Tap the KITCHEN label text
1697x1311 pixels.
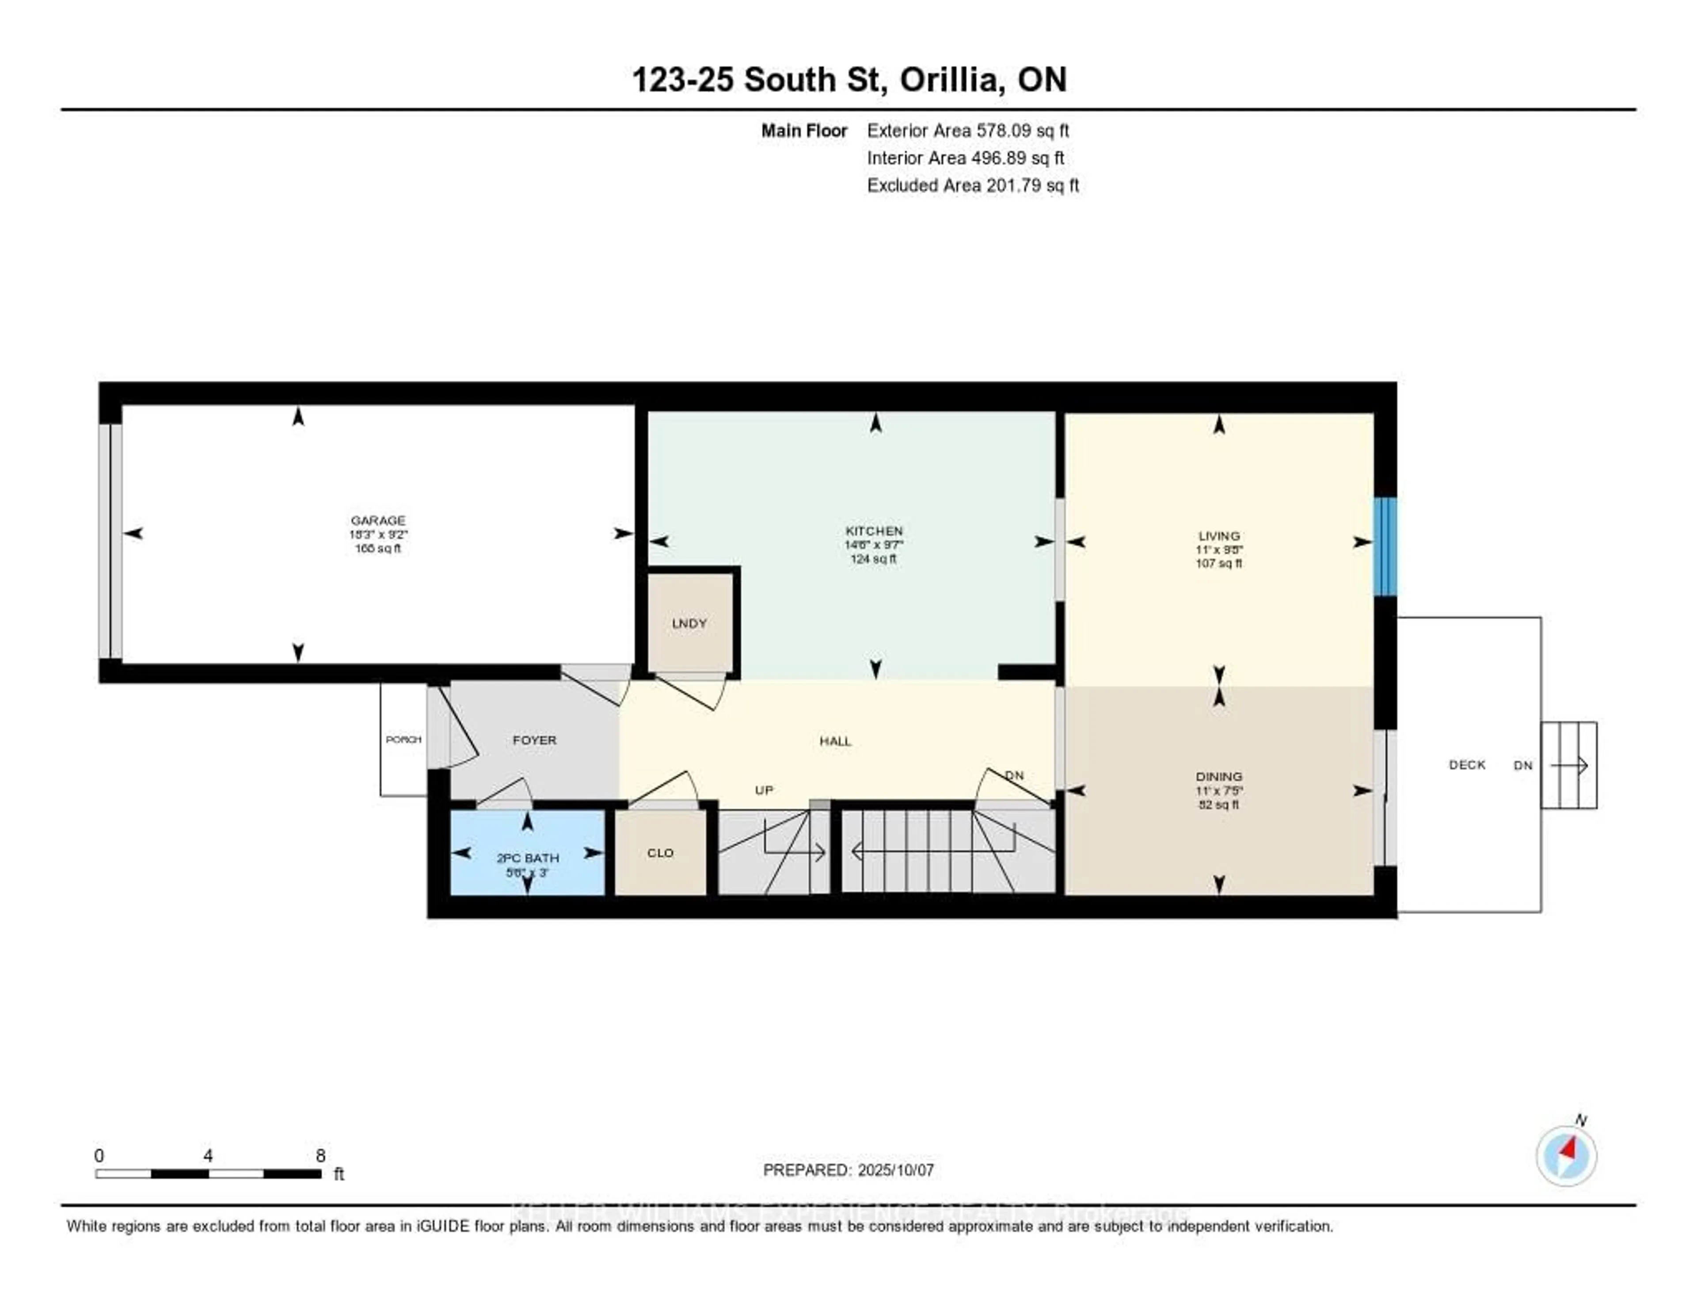point(873,531)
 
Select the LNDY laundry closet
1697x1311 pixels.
point(689,623)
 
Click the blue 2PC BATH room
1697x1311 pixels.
point(528,853)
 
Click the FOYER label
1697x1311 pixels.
point(535,740)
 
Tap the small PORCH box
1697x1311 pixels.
point(403,739)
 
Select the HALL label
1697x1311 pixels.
point(835,741)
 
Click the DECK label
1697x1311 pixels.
point(1467,765)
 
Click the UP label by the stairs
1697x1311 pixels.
point(764,789)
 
